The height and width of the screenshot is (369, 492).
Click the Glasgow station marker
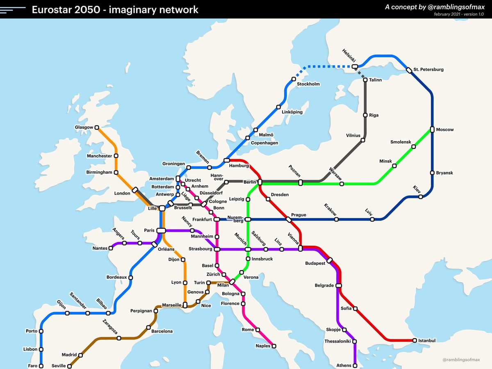click(x=97, y=128)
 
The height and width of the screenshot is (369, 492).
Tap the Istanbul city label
click(x=427, y=340)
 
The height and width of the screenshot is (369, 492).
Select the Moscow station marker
click(x=432, y=130)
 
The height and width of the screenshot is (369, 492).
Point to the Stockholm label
click(x=308, y=84)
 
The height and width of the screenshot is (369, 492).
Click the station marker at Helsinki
click(x=355, y=66)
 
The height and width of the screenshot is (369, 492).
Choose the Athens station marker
click(x=355, y=365)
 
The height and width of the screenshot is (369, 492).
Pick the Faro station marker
click(x=41, y=366)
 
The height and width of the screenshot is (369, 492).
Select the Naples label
click(x=263, y=346)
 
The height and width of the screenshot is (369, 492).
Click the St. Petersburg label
click(x=428, y=69)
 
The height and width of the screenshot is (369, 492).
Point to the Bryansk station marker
click(x=432, y=173)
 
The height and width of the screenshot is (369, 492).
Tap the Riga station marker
click(x=365, y=115)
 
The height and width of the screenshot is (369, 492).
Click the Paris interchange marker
click(x=160, y=230)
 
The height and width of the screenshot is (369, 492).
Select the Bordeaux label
click(x=116, y=277)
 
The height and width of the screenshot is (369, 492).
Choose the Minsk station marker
click(x=394, y=166)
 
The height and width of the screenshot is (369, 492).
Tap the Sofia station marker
click(x=355, y=308)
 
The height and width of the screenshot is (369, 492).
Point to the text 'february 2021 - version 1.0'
click(x=459, y=14)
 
